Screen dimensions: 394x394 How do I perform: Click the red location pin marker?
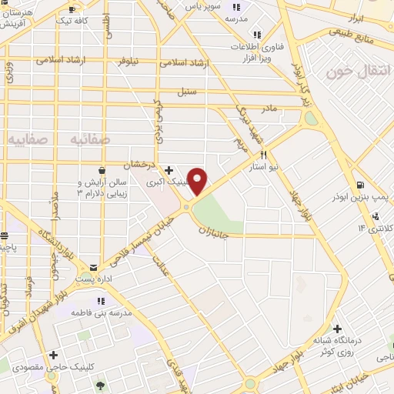pyautogui.click(x=198, y=180)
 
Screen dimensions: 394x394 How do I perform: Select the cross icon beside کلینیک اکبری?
pyautogui.click(x=169, y=170)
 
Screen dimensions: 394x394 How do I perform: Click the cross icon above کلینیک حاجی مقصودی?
pyautogui.click(x=53, y=355)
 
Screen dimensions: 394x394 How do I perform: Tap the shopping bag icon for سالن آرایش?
pyautogui.click(x=102, y=170)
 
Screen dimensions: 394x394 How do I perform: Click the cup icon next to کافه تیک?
pyautogui.click(x=72, y=8)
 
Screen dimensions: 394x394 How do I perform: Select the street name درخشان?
pyautogui.click(x=142, y=164)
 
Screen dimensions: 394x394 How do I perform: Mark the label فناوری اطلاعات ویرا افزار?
pyautogui.click(x=258, y=52)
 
